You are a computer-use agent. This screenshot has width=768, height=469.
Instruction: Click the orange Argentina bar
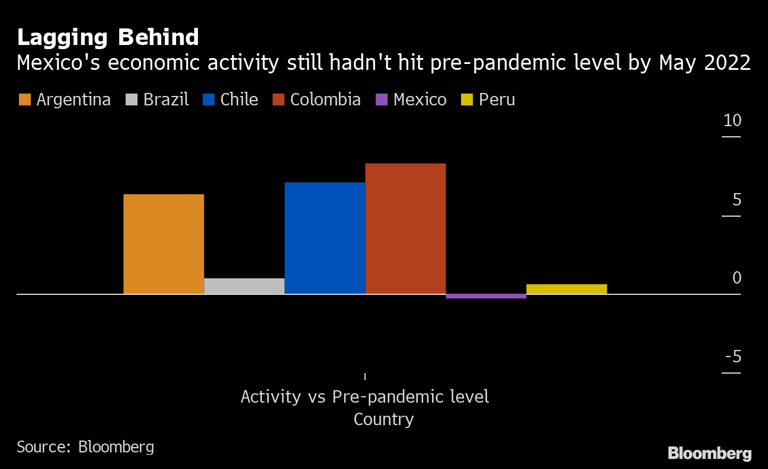[164, 244]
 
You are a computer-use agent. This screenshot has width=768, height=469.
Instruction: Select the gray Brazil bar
[244, 286]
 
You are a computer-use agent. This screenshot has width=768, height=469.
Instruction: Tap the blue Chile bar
[325, 238]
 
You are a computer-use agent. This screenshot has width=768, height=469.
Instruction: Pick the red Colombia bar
[405, 229]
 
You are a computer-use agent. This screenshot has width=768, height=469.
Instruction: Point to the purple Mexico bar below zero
[486, 296]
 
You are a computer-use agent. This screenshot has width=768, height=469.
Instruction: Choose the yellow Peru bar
[567, 289]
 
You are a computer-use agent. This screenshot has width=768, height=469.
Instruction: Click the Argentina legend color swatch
[24, 99]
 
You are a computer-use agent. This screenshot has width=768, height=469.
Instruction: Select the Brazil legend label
[166, 99]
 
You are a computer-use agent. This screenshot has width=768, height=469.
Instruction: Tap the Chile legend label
[239, 99]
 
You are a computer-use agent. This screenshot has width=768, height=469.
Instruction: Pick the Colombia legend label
[325, 99]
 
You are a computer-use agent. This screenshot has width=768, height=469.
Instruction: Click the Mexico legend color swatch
[381, 99]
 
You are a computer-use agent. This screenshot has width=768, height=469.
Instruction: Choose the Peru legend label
[497, 99]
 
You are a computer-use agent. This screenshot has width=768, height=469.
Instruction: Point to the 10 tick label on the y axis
[732, 121]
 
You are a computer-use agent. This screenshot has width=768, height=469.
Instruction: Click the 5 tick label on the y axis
[737, 200]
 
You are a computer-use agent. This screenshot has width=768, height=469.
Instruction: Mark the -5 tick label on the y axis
[733, 357]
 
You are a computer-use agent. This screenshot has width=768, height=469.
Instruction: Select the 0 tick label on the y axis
[737, 278]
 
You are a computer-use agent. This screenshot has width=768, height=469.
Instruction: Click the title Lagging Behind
[108, 37]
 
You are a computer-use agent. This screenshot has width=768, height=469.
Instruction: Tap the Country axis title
[383, 419]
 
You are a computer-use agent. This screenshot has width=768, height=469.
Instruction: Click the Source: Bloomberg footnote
[85, 446]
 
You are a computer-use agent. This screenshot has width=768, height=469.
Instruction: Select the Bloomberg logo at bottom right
[709, 454]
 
